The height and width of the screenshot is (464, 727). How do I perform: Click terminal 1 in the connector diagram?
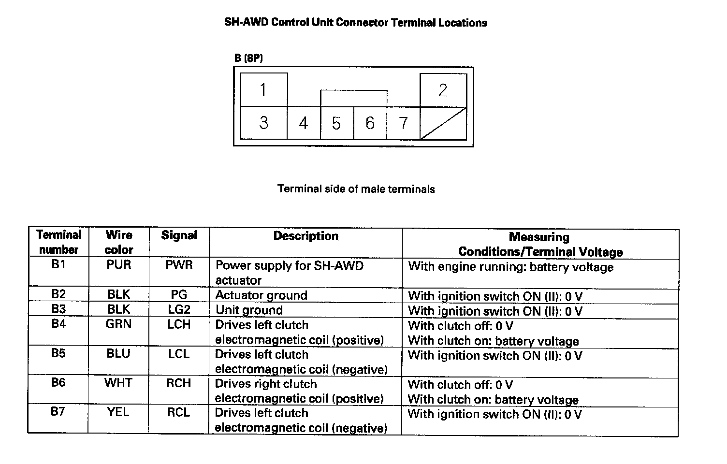pyautogui.click(x=263, y=90)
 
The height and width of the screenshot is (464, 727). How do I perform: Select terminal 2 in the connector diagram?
pyautogui.click(x=443, y=90)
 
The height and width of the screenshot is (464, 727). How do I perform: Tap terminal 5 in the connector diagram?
pyautogui.click(x=336, y=123)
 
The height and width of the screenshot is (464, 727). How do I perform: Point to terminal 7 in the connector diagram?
pyautogui.click(x=404, y=123)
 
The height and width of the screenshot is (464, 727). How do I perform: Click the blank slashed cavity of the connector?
pyautogui.click(x=443, y=123)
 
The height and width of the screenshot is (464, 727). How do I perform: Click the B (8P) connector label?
pyautogui.click(x=248, y=58)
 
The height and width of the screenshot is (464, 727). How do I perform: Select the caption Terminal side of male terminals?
pyautogui.click(x=356, y=189)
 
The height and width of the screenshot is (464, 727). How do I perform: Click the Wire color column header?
pyautogui.click(x=119, y=242)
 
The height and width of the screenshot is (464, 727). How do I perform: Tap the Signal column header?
pyautogui.click(x=179, y=235)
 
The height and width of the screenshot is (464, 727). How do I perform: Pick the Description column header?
pyautogui.click(x=305, y=236)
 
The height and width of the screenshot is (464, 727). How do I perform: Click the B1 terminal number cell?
pyautogui.click(x=58, y=265)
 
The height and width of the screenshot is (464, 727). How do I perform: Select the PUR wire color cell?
pyautogui.click(x=119, y=265)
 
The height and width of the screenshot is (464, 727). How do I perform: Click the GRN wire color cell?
pyautogui.click(x=118, y=324)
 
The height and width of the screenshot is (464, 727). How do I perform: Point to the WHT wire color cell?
pyautogui.click(x=118, y=383)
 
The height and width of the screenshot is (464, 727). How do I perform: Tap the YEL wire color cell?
pyautogui.click(x=118, y=412)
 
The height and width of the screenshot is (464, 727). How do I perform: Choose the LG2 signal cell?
pyautogui.click(x=179, y=310)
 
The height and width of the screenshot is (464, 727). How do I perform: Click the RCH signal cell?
pyautogui.click(x=179, y=383)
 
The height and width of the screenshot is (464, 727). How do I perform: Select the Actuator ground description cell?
pyautogui.click(x=261, y=295)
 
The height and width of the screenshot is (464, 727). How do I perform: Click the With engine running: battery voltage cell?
pyautogui.click(x=510, y=267)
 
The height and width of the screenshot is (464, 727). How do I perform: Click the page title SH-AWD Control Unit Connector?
pyautogui.click(x=355, y=23)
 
